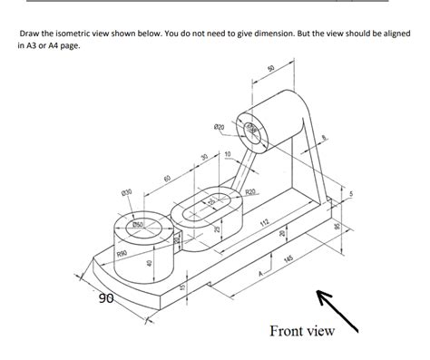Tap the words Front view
click(x=302, y=330)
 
